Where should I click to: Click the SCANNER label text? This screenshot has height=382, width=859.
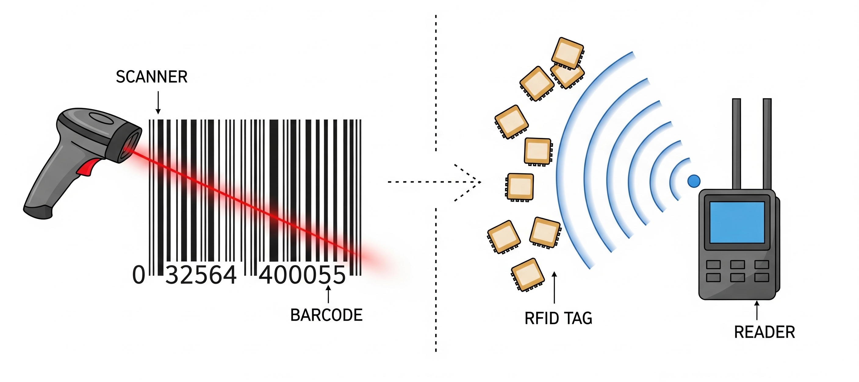151,77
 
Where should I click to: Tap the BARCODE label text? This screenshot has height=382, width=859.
326,315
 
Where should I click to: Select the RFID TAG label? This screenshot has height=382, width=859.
558,318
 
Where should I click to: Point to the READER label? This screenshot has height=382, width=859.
764,332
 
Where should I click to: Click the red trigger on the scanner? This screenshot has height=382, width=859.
87,167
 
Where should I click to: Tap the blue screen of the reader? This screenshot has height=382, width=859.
737,222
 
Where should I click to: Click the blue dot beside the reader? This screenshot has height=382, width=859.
694,181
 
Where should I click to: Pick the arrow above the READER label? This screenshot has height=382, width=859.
757,310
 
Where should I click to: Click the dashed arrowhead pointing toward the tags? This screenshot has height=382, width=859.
473,182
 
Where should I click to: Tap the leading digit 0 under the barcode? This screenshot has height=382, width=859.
139,275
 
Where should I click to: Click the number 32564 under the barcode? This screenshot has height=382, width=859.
201,275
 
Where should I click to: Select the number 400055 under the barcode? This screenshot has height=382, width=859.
302,275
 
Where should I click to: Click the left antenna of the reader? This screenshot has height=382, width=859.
736,143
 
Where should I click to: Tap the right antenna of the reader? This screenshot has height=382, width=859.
767,143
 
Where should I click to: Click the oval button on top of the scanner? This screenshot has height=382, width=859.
102,118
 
